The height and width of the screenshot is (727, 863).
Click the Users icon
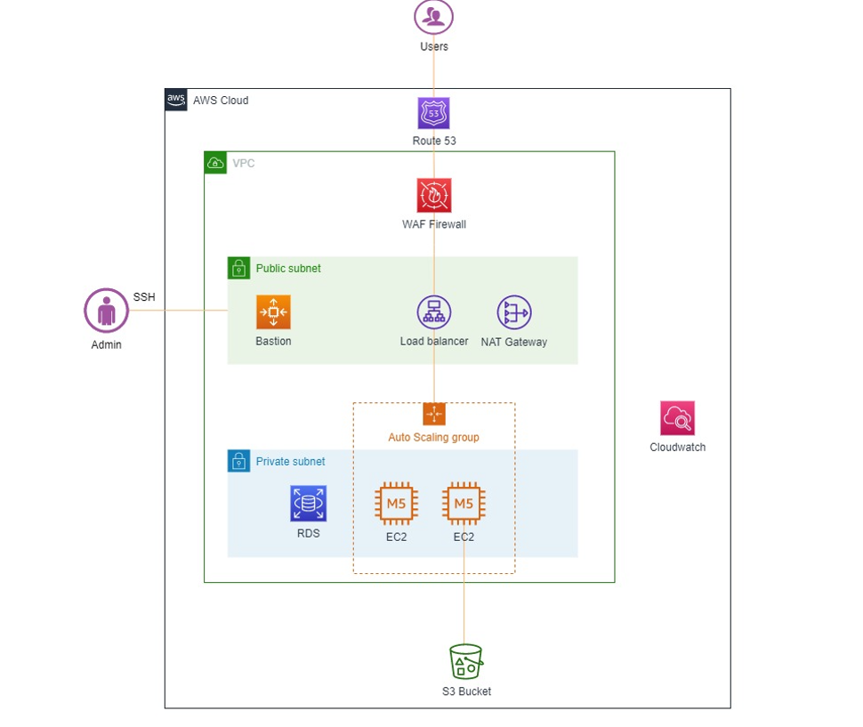coord(433,17)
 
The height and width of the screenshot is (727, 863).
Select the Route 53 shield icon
coord(433,113)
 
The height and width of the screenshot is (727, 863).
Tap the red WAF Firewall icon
coord(434,195)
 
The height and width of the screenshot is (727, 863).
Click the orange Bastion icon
coord(273,312)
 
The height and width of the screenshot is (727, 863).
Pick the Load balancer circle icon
coord(434,312)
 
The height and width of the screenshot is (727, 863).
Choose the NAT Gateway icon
coord(514,312)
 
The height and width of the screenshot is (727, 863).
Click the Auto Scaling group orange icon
coord(434,414)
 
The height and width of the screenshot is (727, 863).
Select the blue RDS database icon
coord(308,503)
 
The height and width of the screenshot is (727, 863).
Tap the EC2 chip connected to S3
coord(464,504)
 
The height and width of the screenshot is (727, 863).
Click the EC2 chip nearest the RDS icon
coord(396,504)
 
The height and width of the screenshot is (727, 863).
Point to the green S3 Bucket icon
coord(466,661)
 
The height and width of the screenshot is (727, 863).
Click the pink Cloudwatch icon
coord(678,418)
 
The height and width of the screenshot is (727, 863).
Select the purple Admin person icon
coord(106,311)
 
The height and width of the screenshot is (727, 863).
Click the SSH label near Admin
coord(144,297)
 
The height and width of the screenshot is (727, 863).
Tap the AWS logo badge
coord(176,100)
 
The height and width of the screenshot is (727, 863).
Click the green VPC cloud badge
coord(215,163)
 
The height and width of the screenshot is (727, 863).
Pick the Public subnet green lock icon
coord(238,268)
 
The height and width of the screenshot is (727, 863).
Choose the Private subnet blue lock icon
coord(238,461)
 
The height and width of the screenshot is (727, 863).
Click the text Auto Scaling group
coord(433,438)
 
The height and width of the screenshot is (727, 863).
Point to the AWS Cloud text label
coord(221,101)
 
